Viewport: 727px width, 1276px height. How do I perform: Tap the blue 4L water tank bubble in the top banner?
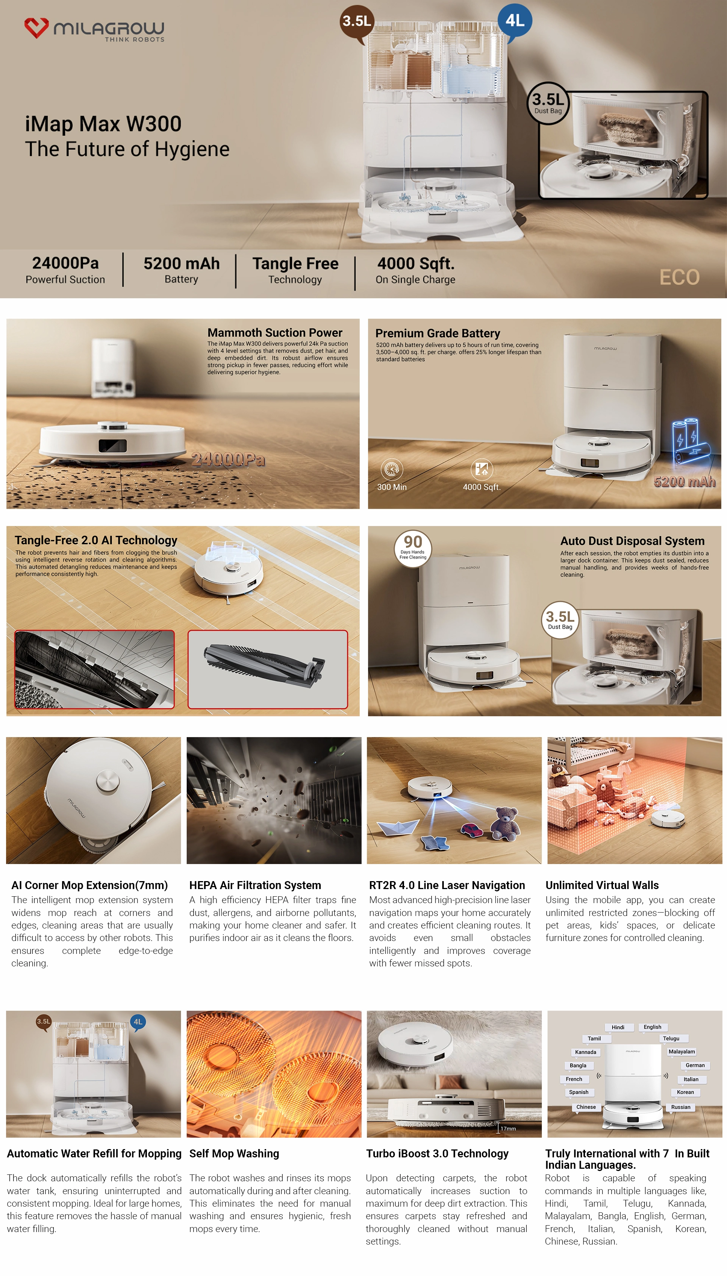click(515, 21)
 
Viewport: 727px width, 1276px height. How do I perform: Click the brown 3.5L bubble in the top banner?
click(357, 21)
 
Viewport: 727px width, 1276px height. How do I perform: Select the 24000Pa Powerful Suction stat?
click(66, 270)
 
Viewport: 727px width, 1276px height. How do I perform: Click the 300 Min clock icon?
click(392, 469)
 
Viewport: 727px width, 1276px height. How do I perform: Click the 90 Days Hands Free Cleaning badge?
click(413, 548)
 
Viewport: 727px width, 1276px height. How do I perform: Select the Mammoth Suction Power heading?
click(275, 333)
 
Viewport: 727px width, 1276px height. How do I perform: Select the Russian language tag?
click(680, 1107)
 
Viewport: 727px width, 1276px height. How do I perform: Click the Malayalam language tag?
click(682, 1052)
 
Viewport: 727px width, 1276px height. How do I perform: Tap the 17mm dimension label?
click(508, 1129)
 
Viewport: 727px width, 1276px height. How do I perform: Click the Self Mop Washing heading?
click(234, 1154)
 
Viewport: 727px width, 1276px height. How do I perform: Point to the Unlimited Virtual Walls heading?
click(602, 885)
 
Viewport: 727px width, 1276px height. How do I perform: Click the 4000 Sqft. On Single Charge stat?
click(415, 270)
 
